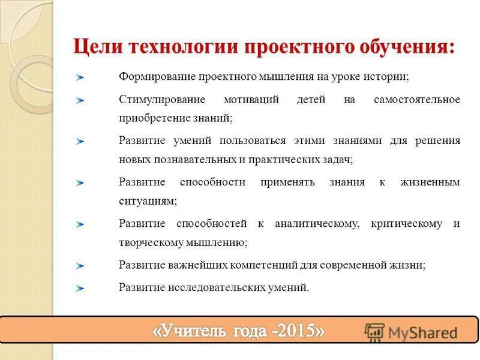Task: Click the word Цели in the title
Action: pos(94,47)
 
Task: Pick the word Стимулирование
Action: pos(162,99)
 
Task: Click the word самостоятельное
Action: pos(417,99)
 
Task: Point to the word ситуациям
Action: pos(148,202)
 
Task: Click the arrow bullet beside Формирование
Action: pos(80,78)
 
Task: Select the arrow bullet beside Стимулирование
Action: pos(80,100)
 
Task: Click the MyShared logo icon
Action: pos(374,332)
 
